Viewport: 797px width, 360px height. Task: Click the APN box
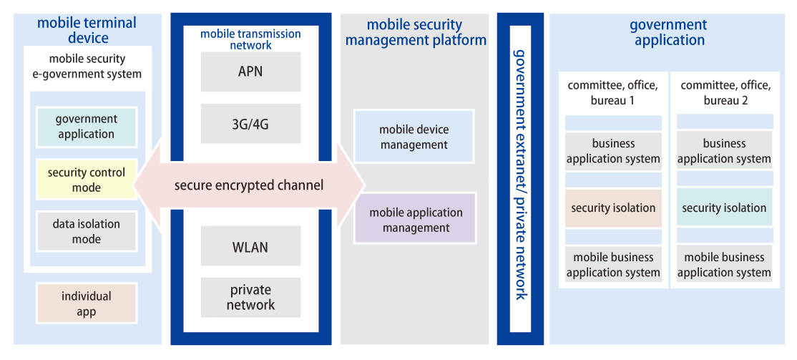pos(250,72)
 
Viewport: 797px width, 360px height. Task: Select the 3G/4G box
pos(250,125)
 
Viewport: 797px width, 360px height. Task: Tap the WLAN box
pos(250,248)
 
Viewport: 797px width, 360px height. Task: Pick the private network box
pos(250,298)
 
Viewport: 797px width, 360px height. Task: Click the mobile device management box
pos(414,137)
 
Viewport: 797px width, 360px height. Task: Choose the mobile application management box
pos(416,220)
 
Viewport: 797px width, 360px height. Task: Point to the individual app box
pos(86,303)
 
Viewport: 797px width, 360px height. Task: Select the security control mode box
pos(86,180)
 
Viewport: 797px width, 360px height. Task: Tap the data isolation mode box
pos(86,231)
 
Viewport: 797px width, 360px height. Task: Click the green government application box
pos(86,127)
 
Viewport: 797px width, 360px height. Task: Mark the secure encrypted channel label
pos(249,186)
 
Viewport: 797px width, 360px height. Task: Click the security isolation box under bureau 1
pos(613,208)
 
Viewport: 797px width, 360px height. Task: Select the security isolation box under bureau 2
pos(724,208)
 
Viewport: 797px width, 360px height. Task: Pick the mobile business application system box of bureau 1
pos(613,264)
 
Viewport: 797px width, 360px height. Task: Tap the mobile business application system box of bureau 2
pos(724,264)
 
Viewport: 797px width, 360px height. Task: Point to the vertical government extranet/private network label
pos(520,175)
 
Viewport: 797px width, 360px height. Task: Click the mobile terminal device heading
pos(87,30)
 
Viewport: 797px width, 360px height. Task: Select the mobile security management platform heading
pos(416,33)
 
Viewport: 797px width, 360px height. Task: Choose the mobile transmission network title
pos(250,39)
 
